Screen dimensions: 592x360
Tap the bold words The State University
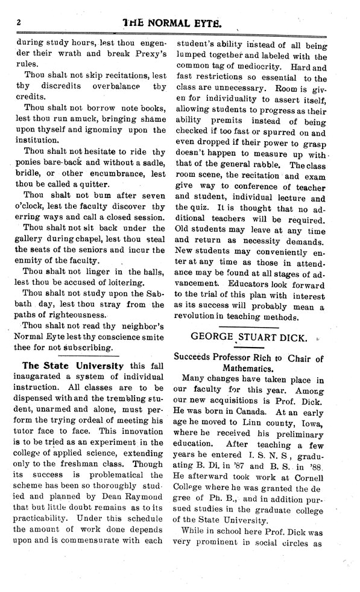coord(72,366)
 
